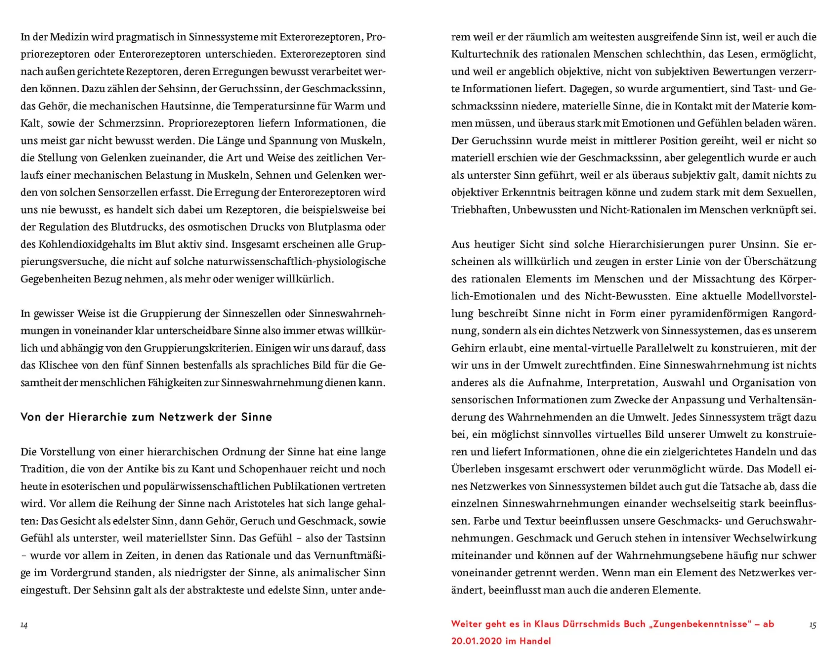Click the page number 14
(x=24, y=625)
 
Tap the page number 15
(x=813, y=625)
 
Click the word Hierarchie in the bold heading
(x=97, y=417)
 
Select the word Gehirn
(x=468, y=348)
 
